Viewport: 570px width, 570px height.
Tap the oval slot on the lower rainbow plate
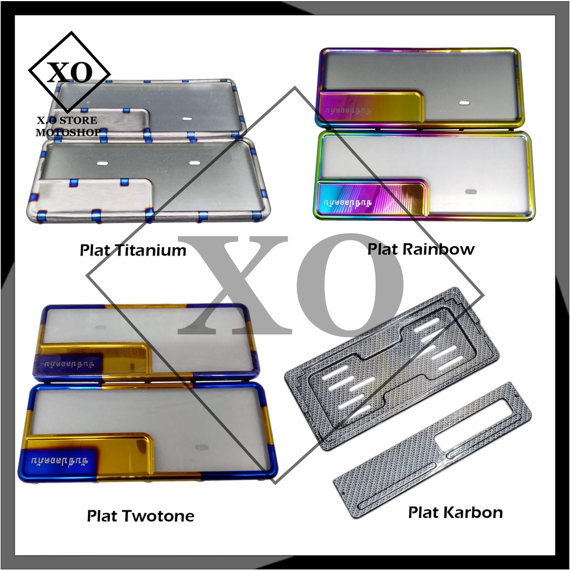[471, 191]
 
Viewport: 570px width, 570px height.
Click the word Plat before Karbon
[424, 512]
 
